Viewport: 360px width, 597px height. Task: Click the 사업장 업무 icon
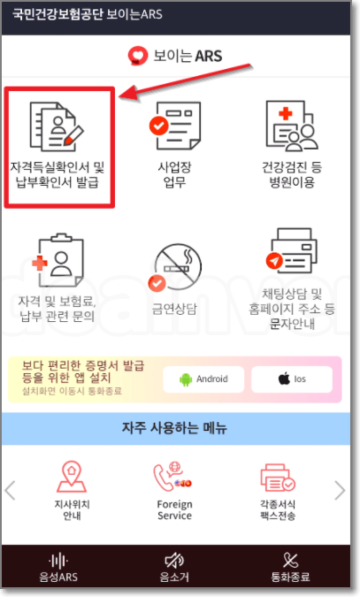(173, 126)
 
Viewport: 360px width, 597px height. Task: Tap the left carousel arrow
(11, 490)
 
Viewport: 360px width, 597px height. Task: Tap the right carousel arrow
(340, 490)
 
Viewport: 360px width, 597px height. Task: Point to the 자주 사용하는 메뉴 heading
(174, 429)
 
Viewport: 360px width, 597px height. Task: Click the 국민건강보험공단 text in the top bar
(54, 15)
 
